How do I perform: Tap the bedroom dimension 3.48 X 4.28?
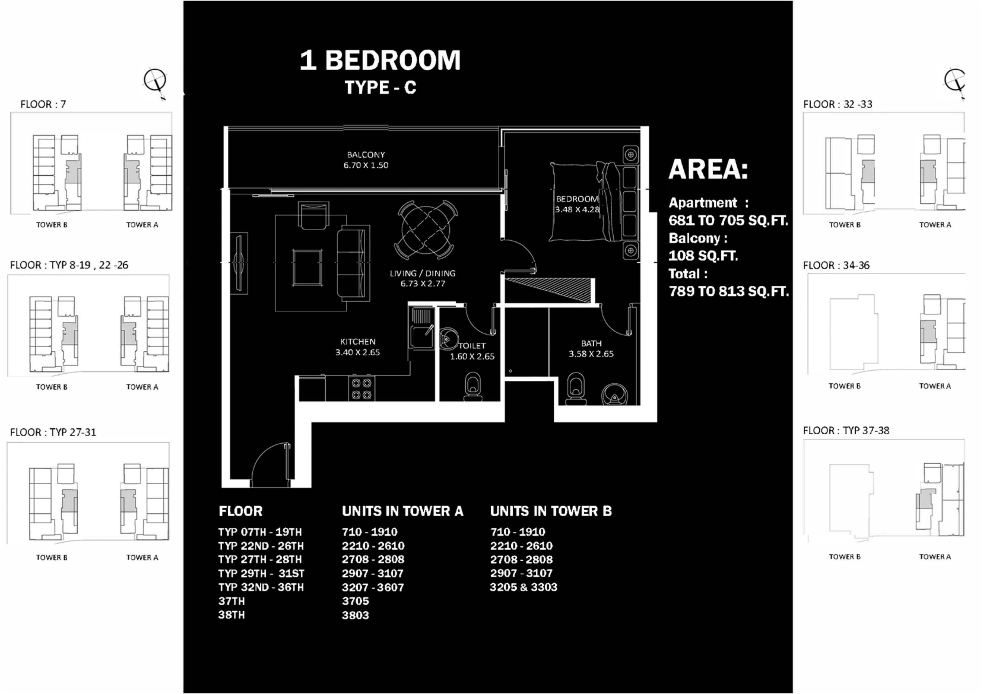[x=577, y=209]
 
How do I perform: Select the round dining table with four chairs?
[x=426, y=230]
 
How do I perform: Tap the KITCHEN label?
[x=358, y=342]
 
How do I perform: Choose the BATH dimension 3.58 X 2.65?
[x=591, y=354]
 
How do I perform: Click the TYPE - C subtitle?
[x=380, y=88]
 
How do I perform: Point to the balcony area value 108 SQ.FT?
[x=703, y=256]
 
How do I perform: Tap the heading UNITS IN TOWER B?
[x=551, y=511]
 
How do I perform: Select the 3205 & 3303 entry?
[x=523, y=587]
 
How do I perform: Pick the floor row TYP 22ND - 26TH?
[x=261, y=546]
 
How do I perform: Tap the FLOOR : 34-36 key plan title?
[x=836, y=265]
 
